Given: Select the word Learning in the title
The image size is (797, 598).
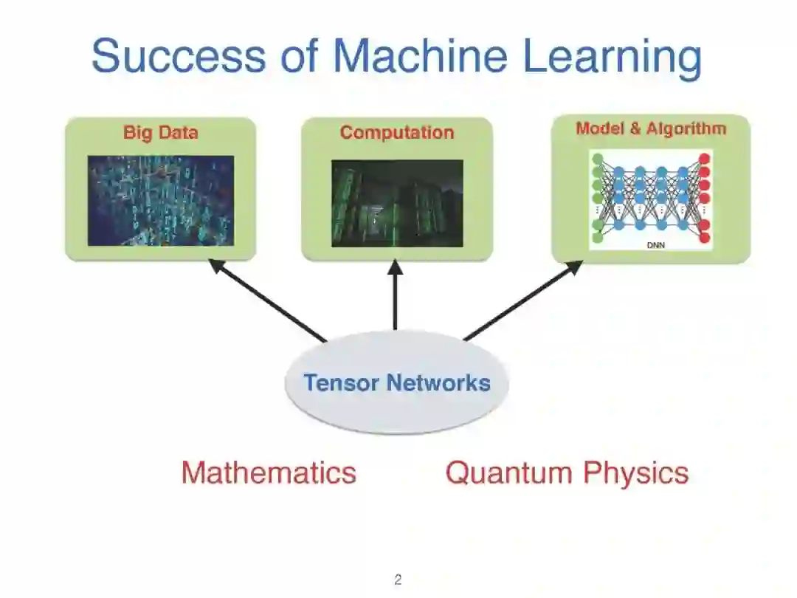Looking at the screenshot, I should [611, 58].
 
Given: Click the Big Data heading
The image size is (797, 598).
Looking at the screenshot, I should [160, 133].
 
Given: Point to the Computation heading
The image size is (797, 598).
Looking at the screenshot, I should [396, 133].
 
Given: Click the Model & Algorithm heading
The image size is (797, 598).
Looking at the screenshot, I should [650, 128].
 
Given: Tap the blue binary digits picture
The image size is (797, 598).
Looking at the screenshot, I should [160, 200].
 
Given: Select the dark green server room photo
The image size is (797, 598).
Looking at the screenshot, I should [396, 203].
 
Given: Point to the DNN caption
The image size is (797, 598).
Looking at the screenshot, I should [650, 244].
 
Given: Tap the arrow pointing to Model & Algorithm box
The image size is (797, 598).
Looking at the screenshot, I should [522, 300].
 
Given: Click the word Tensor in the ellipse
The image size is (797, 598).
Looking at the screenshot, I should [342, 382].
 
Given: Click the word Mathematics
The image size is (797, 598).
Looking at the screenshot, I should [269, 472].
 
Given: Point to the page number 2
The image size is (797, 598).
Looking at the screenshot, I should [398, 580].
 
